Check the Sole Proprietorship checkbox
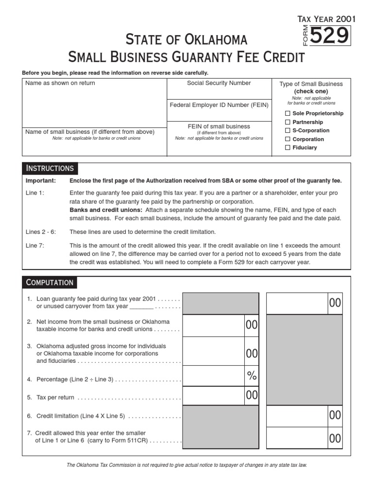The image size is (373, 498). coord(288,113)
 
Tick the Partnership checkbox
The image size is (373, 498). coord(288,122)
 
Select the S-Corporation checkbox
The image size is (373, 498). coord(288,130)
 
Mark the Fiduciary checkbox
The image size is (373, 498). coord(288,147)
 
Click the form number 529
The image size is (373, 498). coord(330,36)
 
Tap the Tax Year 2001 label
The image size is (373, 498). coord(326,19)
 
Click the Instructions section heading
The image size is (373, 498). coord(50,168)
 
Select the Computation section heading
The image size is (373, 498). coord(50,283)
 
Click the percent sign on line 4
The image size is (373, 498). coord(251,375)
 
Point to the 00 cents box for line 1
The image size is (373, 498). coord(335,303)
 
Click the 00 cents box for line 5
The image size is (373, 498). coord(252,396)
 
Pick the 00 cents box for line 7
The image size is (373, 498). coord(335,439)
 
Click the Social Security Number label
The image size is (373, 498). coord(219,83)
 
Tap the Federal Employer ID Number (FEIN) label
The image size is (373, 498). coord(219,105)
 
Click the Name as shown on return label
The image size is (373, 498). coord(60,83)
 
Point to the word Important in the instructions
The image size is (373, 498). coord(41,181)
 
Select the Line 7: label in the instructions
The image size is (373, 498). coord(35,246)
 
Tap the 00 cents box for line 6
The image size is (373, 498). coord(335,415)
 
